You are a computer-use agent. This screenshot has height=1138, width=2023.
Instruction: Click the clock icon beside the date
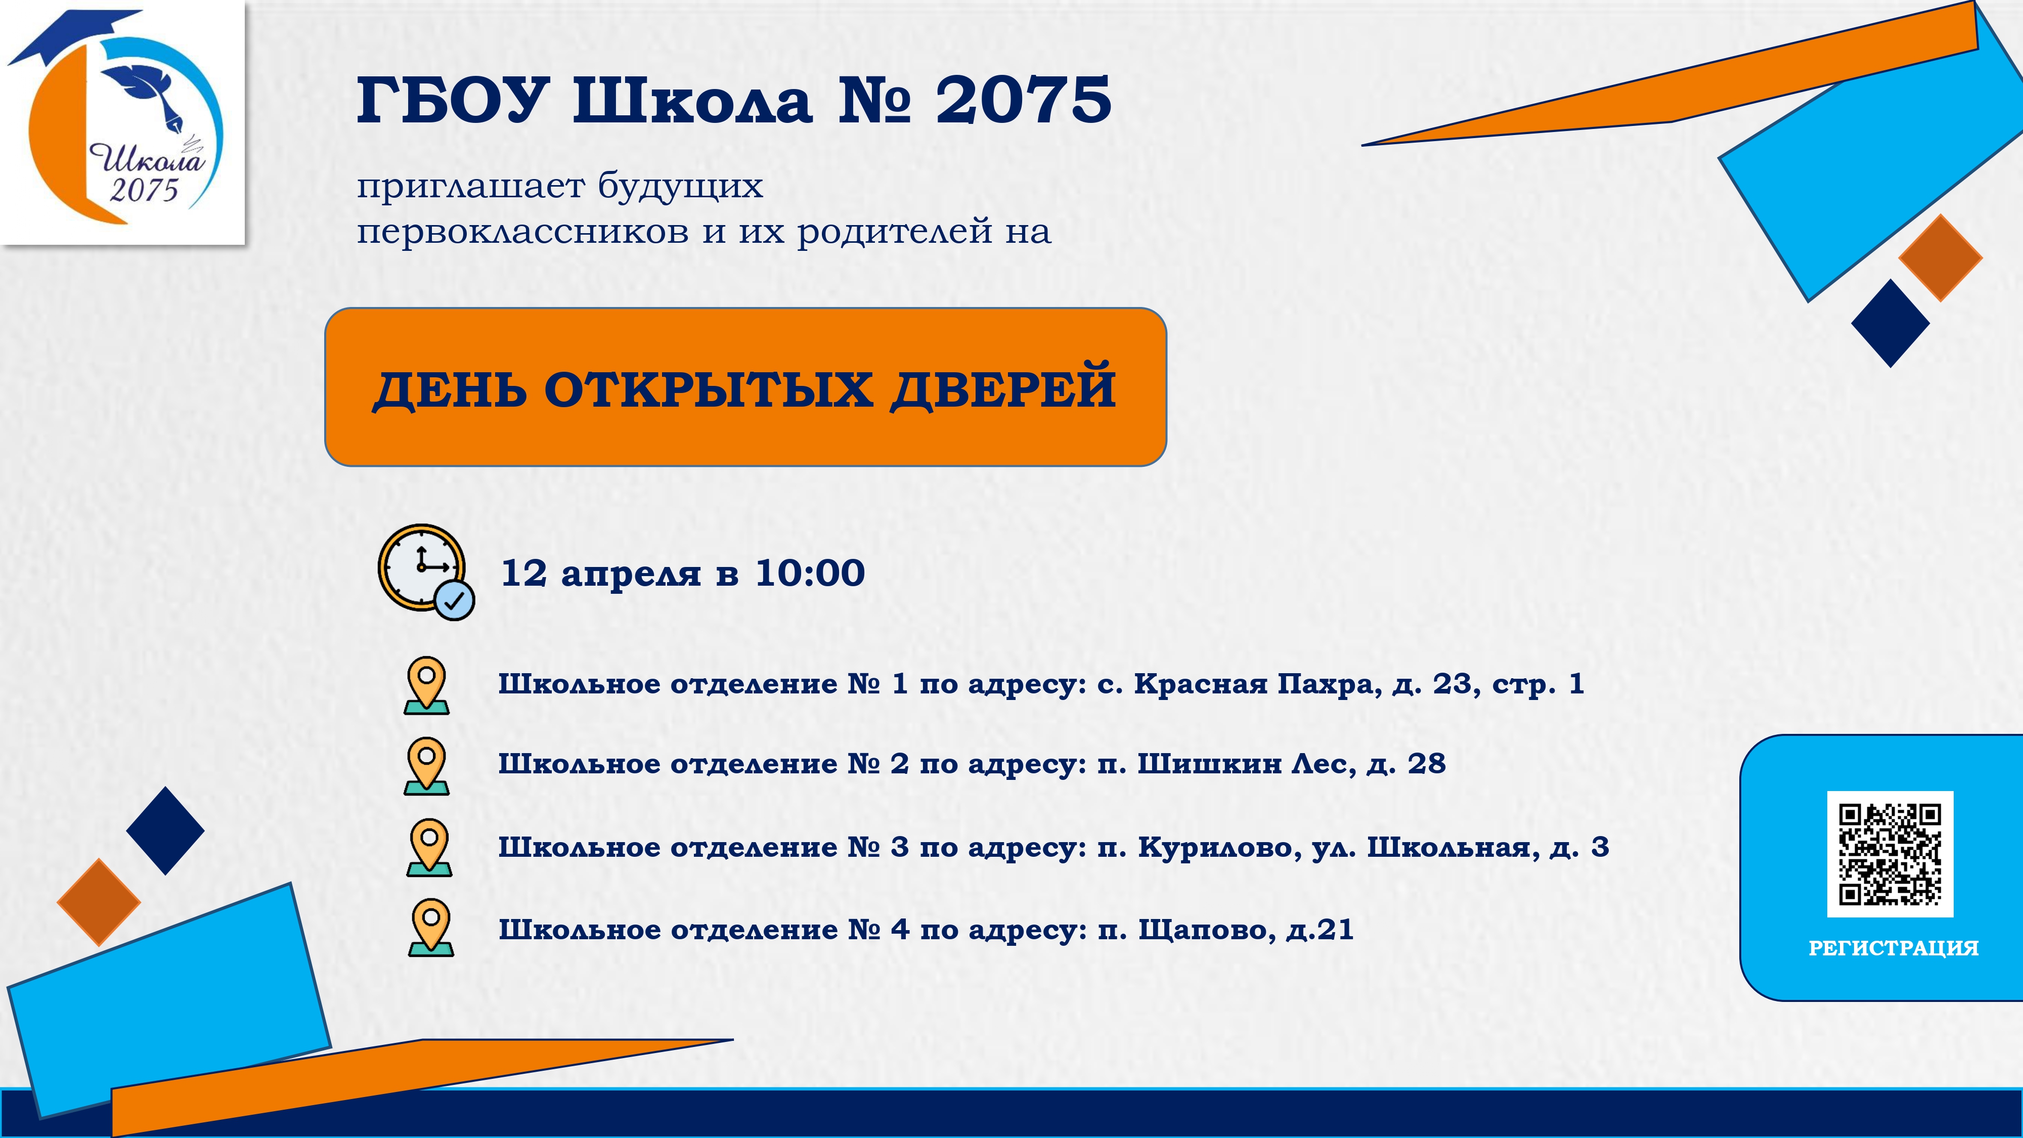click(x=426, y=572)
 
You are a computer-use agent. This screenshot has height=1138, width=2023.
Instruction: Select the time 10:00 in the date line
click(x=810, y=574)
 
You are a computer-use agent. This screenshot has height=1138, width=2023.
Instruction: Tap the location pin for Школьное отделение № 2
click(x=426, y=766)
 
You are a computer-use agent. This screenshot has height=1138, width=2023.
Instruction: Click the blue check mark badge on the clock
click(x=455, y=601)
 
